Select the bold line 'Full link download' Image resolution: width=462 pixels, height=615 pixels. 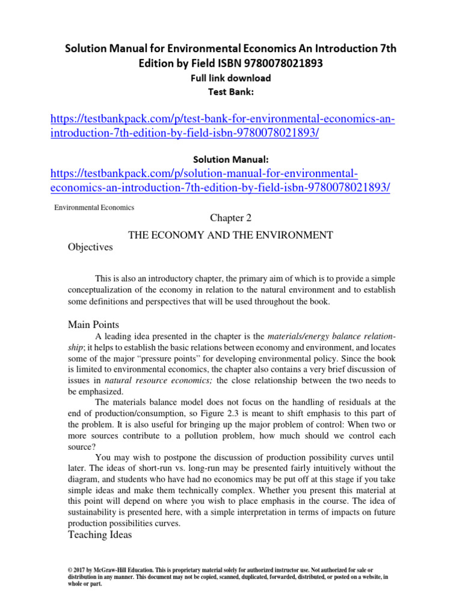coord(231,78)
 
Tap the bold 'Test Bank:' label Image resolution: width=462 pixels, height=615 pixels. coord(231,91)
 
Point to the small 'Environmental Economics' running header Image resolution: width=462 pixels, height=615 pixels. coord(94,208)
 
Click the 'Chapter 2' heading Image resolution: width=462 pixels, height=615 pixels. coord(230,219)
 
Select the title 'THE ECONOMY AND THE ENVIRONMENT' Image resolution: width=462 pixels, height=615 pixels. coord(231,235)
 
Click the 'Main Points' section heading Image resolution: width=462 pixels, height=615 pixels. coord(94,324)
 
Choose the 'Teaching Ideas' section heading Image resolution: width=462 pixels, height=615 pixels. coord(100,535)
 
